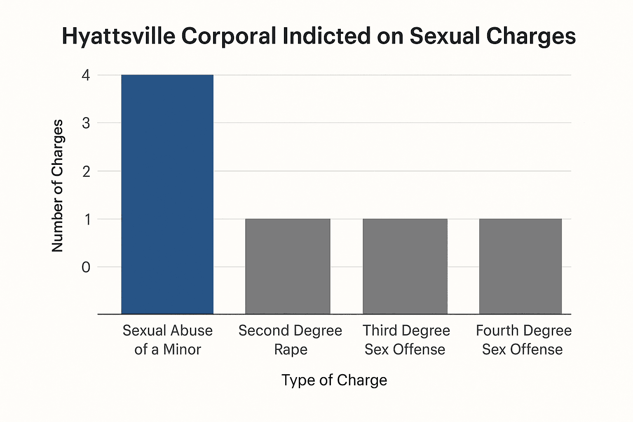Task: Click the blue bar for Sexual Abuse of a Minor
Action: [x=167, y=194]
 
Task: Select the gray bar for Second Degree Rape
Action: [x=288, y=266]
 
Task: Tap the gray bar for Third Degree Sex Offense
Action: [x=405, y=266]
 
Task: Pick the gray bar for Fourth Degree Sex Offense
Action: [x=520, y=266]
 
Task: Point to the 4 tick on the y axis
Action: [x=86, y=75]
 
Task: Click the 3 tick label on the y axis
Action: [x=86, y=123]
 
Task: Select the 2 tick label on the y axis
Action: [x=86, y=171]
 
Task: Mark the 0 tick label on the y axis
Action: [x=86, y=267]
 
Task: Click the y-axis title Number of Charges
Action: [x=57, y=185]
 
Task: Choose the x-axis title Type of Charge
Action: [x=334, y=380]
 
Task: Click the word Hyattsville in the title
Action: [x=118, y=36]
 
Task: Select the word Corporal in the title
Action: [x=229, y=36]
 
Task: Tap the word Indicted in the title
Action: [x=326, y=36]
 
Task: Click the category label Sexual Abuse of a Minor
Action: [x=167, y=340]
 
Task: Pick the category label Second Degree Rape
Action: [x=290, y=340]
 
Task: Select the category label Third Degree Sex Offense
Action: [x=406, y=340]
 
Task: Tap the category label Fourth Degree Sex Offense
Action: [x=523, y=340]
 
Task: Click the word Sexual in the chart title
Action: [x=445, y=36]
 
